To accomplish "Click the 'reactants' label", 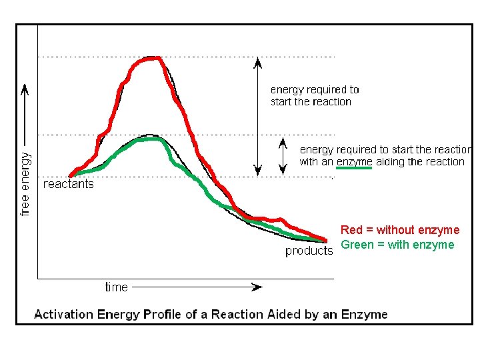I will click(x=68, y=184).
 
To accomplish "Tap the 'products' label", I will click(x=309, y=251).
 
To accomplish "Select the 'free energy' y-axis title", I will click(x=25, y=183).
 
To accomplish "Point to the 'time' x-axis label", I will click(x=116, y=287).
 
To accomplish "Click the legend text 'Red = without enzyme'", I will click(x=400, y=230).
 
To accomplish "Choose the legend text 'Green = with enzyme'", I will click(x=397, y=245).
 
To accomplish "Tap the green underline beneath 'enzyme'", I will click(x=354, y=168).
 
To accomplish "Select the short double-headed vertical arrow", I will click(x=283, y=155).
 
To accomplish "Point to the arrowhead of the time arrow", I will click(x=257, y=287).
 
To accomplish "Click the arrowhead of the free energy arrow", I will click(x=25, y=89).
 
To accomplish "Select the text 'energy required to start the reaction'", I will click(x=314, y=95).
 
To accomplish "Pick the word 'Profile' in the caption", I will click(x=165, y=314).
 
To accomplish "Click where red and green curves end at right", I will click(x=325, y=240).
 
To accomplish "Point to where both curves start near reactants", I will click(x=71, y=175).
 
